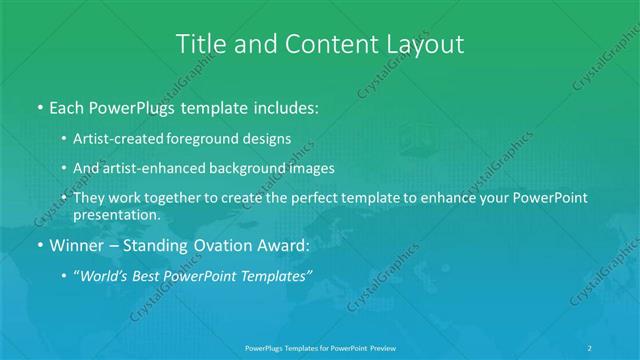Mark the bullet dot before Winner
point(40,245)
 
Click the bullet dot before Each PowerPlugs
point(40,106)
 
